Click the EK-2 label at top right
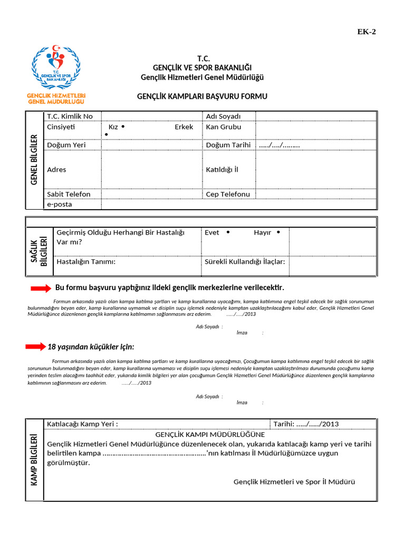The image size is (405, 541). [x=367, y=31]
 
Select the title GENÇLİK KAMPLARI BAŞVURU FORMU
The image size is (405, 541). [x=202, y=97]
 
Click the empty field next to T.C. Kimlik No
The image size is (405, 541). [x=151, y=116]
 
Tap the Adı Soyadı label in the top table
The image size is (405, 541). [x=223, y=116]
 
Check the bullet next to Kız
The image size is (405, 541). [x=122, y=127]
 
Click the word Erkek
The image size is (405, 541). [x=184, y=127]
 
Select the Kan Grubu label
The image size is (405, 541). [x=223, y=127]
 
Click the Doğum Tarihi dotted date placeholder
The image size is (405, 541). [x=279, y=145]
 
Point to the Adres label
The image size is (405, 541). [x=56, y=170]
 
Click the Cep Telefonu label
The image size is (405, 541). [x=228, y=194]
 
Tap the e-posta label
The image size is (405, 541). [x=60, y=204]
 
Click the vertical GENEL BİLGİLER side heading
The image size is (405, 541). [x=34, y=160]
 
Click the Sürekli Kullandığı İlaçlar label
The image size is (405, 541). [x=244, y=262]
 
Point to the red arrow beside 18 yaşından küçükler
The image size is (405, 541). [x=36, y=347]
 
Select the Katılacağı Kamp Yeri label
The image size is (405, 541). [x=82, y=424]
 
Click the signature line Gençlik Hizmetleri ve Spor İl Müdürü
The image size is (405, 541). [x=294, y=482]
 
